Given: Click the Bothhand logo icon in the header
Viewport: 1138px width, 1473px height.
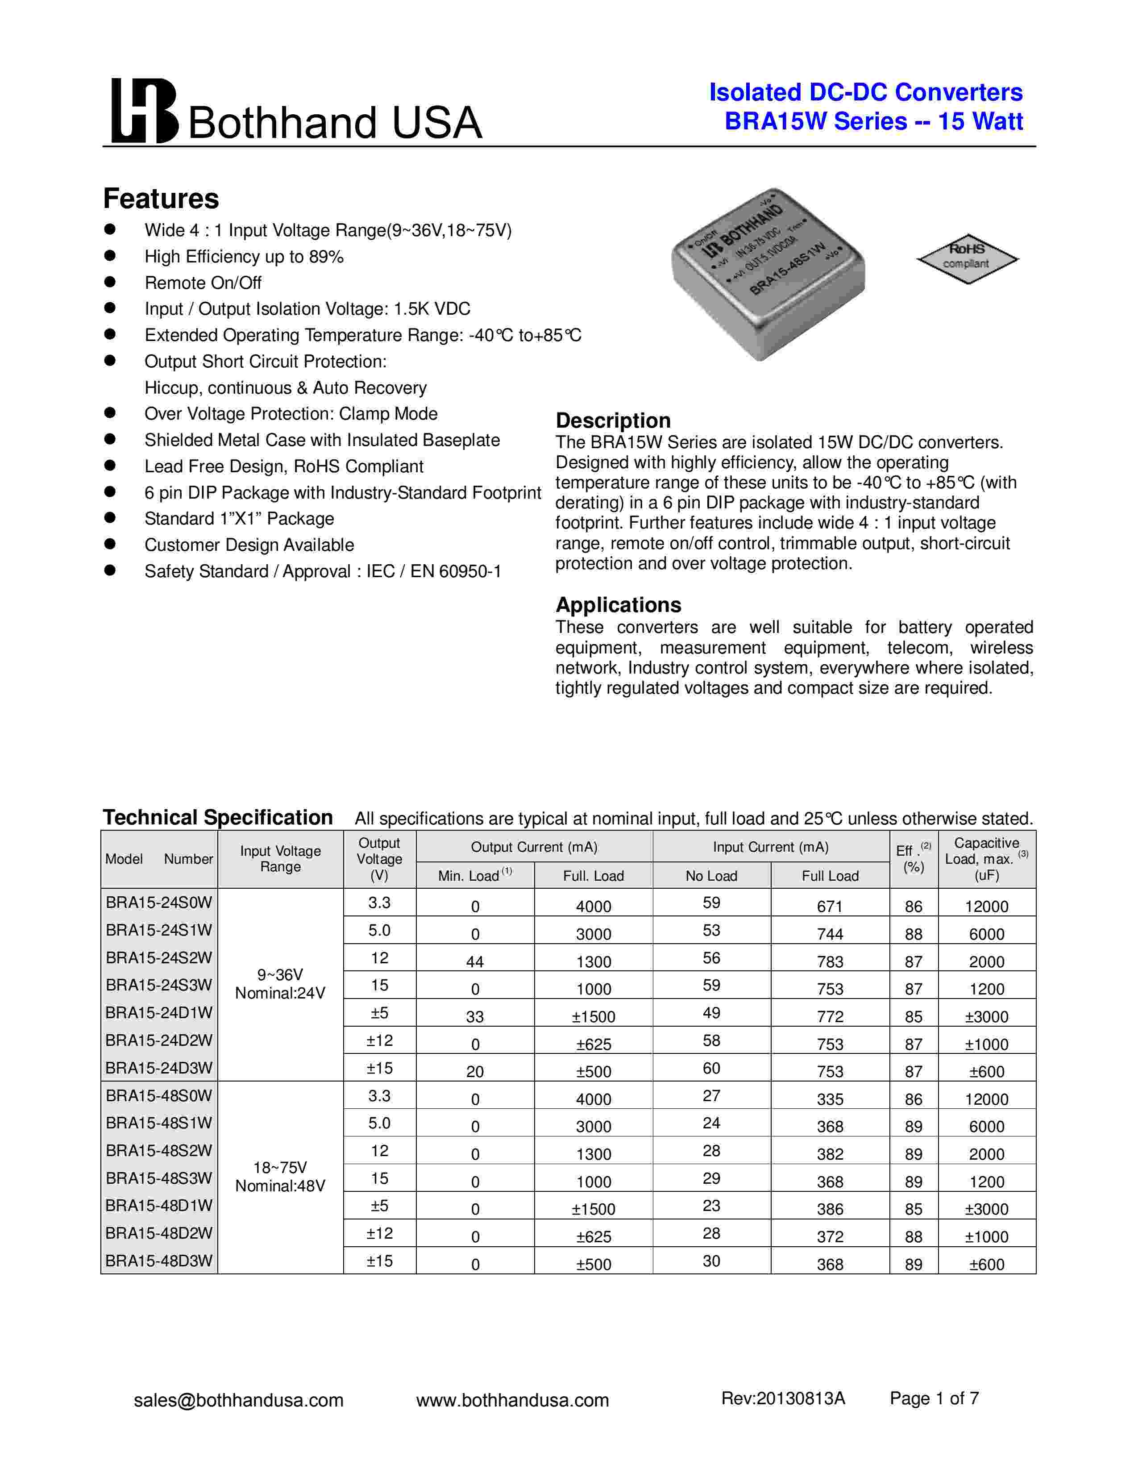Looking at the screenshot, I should [x=144, y=111].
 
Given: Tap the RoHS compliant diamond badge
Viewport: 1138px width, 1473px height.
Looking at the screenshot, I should [x=967, y=257].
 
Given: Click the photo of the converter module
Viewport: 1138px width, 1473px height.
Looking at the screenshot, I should [x=768, y=274].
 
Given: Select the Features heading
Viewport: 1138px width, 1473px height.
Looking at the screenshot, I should [x=161, y=199].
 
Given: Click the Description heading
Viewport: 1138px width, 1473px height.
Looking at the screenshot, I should [x=613, y=420].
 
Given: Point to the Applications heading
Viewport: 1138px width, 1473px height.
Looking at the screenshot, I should [x=618, y=604].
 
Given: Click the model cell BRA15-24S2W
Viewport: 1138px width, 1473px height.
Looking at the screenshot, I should [x=159, y=958].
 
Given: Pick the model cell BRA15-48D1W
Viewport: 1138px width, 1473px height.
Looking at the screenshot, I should [x=159, y=1205].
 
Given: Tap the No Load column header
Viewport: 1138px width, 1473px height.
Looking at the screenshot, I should [x=711, y=875].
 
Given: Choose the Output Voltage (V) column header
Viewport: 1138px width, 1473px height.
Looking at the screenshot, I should [x=380, y=858].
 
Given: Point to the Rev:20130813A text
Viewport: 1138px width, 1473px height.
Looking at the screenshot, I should [x=783, y=1398].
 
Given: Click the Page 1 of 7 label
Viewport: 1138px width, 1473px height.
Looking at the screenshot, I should [x=934, y=1398].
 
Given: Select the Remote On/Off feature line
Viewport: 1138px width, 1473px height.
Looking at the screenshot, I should [x=203, y=283].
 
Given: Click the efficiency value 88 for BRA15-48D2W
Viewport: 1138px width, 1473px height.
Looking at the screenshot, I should [x=914, y=1237].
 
